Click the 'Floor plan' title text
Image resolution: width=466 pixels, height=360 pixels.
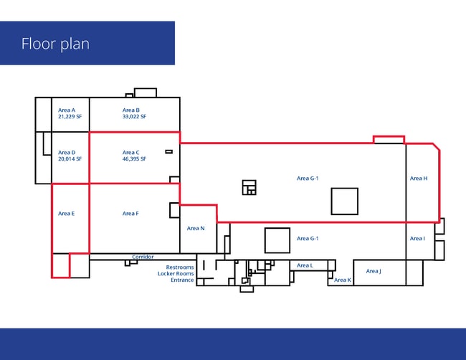pyautogui.click(x=55, y=44)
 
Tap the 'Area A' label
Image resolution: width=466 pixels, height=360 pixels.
pyautogui.click(x=67, y=110)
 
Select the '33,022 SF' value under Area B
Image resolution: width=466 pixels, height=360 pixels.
pyautogui.click(x=134, y=116)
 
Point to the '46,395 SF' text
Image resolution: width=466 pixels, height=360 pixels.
pyautogui.click(x=134, y=159)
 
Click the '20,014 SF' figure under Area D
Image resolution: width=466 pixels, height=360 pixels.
pyautogui.click(x=70, y=159)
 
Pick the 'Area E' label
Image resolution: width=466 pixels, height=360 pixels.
pyautogui.click(x=66, y=214)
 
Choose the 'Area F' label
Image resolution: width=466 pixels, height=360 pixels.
pyautogui.click(x=130, y=214)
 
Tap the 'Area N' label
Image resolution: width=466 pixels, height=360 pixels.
pyautogui.click(x=196, y=228)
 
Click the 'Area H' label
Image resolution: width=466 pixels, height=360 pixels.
pyautogui.click(x=419, y=179)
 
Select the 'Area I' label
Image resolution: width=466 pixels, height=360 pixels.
pyautogui.click(x=417, y=238)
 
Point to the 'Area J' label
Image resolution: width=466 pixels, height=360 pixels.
pyautogui.click(x=374, y=271)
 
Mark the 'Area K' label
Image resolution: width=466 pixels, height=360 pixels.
pyautogui.click(x=343, y=280)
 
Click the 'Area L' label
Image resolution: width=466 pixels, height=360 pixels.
pyautogui.click(x=305, y=265)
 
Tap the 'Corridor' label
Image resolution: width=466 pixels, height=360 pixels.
pyautogui.click(x=143, y=257)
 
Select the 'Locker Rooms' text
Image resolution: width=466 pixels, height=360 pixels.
pyautogui.click(x=176, y=273)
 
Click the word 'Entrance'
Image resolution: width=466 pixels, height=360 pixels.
pyautogui.click(x=182, y=280)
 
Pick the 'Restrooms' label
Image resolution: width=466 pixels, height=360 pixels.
pyautogui.click(x=180, y=267)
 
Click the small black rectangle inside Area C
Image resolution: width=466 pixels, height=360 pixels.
pyautogui.click(x=168, y=152)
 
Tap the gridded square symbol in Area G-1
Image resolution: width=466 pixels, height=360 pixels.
pyautogui.click(x=249, y=188)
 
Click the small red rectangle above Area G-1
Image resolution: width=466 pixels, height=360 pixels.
pyautogui.click(x=389, y=140)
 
